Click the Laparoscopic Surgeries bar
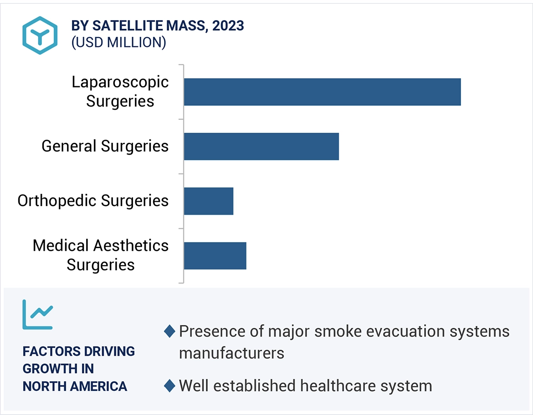tap(322, 92)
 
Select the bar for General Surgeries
tap(261, 146)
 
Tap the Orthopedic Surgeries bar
tap(209, 201)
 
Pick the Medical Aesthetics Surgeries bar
tap(215, 256)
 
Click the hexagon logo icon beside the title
tap(40, 35)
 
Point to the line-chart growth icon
tap(38, 314)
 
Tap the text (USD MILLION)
tap(118, 42)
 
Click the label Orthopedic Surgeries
tap(93, 201)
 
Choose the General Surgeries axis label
tap(105, 146)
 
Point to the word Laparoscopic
tap(120, 82)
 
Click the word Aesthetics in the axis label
tap(131, 246)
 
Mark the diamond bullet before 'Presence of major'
tap(169, 332)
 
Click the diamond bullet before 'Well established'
tap(169, 386)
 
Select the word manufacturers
tap(231, 353)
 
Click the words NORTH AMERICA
tap(75, 386)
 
